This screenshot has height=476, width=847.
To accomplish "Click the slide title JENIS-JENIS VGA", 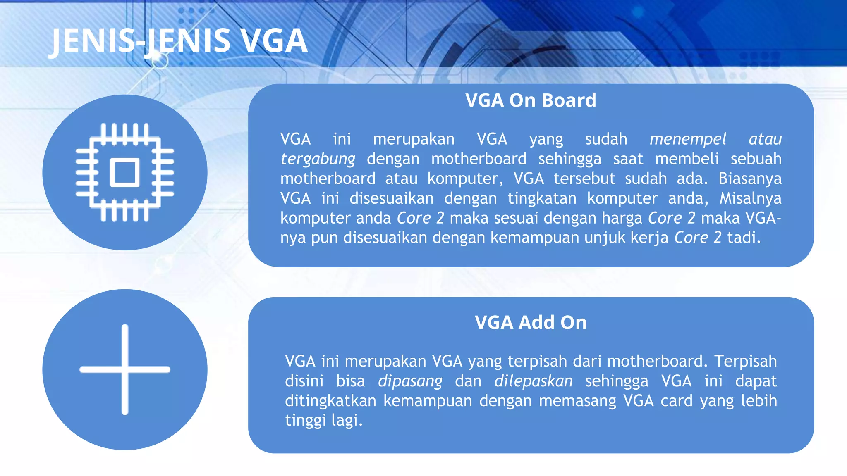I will click(x=179, y=40).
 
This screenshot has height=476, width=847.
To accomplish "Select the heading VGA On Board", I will click(x=531, y=100).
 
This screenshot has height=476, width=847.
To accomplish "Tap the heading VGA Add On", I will click(x=531, y=323).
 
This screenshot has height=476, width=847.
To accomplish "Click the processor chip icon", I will click(x=124, y=172).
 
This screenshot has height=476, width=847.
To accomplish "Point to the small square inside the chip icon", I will click(x=124, y=172).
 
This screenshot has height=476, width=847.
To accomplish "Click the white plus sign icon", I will click(x=124, y=369).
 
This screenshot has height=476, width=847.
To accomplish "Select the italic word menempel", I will click(x=688, y=139).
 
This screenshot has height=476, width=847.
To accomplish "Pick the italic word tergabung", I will click(x=318, y=159).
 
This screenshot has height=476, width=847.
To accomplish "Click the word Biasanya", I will click(x=750, y=178).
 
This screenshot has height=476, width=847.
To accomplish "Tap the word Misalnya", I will click(x=750, y=198).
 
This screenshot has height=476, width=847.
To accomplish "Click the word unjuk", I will click(x=605, y=238).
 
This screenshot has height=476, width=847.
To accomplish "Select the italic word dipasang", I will click(x=410, y=381).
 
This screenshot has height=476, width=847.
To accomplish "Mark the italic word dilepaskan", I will click(x=534, y=381).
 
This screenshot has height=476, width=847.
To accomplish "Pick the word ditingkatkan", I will click(x=330, y=401).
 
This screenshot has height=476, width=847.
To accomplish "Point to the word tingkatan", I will click(x=542, y=198).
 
